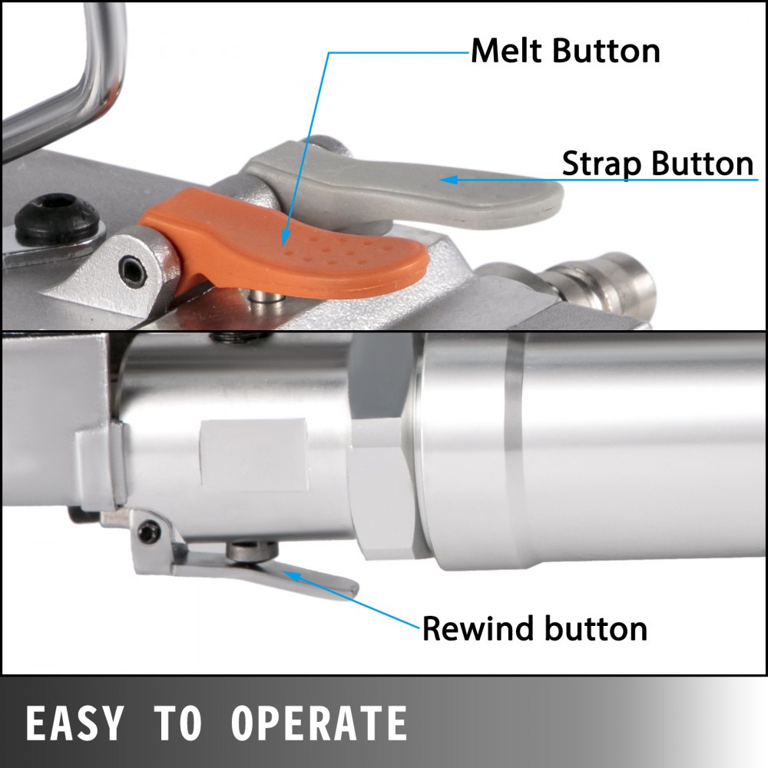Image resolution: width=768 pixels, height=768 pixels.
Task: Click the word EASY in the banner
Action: point(74,723)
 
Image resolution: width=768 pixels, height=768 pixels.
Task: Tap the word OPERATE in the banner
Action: point(319,723)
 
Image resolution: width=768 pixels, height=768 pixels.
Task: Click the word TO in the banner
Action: point(177,723)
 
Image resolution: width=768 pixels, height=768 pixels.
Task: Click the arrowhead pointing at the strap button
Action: point(449,180)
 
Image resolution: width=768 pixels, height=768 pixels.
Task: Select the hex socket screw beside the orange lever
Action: point(133,270)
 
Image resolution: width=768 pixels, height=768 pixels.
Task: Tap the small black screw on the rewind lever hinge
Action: point(149,531)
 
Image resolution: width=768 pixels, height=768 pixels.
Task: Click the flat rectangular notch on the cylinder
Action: point(253,455)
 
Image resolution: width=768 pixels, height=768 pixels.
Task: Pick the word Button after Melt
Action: point(607,51)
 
